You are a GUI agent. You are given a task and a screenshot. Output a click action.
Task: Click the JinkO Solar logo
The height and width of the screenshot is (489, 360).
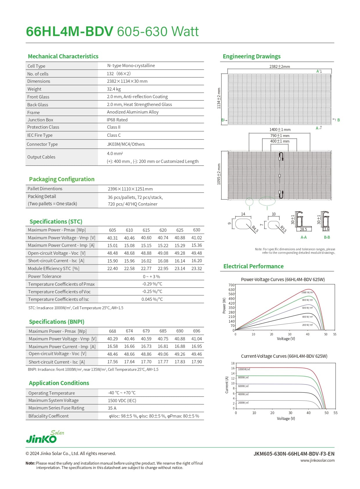(45, 437)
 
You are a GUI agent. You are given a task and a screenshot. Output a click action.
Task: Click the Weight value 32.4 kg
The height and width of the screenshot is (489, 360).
(114, 89)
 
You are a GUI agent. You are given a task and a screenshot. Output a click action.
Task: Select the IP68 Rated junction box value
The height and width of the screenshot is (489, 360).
(117, 120)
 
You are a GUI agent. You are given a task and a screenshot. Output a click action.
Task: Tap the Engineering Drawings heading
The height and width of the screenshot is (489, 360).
(252, 56)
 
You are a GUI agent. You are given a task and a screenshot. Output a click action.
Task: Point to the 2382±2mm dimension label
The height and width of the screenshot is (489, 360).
(279, 66)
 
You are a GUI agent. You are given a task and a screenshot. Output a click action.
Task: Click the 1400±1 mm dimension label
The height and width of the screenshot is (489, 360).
(280, 130)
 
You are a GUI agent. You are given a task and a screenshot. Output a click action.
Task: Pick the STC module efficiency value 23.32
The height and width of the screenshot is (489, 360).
(196, 269)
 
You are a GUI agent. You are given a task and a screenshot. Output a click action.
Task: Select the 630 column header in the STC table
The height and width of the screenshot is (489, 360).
(196, 230)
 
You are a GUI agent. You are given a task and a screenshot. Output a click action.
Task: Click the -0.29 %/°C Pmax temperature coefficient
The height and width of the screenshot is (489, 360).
(152, 284)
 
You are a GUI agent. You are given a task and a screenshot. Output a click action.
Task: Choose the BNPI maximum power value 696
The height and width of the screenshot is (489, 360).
(196, 331)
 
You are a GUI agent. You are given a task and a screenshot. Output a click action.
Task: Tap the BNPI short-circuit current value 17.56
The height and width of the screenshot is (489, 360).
(112, 362)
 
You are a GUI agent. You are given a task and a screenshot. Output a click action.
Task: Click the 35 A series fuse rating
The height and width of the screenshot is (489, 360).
(112, 408)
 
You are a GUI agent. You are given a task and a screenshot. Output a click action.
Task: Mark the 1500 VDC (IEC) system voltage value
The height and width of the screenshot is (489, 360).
(122, 401)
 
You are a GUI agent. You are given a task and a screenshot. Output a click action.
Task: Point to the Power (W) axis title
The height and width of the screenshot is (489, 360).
(224, 305)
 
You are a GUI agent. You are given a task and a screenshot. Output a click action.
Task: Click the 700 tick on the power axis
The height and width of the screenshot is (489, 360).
(231, 285)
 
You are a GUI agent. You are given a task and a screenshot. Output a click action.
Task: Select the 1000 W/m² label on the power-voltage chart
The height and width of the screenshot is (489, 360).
(307, 292)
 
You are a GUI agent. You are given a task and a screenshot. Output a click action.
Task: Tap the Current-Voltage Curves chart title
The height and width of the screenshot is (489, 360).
(284, 356)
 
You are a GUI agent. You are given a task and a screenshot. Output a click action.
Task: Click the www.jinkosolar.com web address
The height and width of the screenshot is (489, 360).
(317, 460)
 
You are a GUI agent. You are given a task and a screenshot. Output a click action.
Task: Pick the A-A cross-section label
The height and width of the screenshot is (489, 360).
(303, 238)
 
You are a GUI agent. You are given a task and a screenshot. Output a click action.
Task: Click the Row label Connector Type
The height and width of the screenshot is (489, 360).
(42, 144)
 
